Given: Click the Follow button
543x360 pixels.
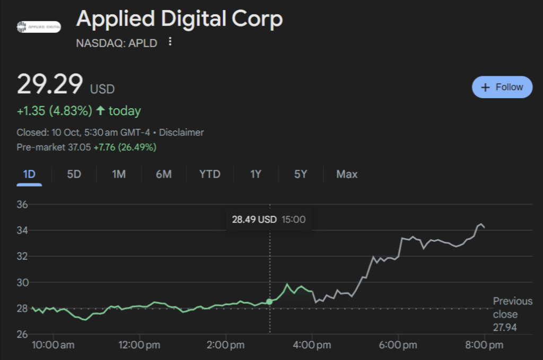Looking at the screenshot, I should pyautogui.click(x=502, y=87).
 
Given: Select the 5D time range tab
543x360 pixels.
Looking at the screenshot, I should pyautogui.click(x=74, y=174).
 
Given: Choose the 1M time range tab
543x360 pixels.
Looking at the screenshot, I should pyautogui.click(x=119, y=174).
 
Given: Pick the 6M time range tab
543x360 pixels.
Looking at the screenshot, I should pyautogui.click(x=164, y=174).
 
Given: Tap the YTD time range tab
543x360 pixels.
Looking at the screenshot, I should pyautogui.click(x=209, y=174).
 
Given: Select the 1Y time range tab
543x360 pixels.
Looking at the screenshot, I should pyautogui.click(x=256, y=174).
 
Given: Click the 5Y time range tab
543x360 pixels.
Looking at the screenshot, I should pyautogui.click(x=301, y=174).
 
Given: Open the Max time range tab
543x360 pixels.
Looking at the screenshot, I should pyautogui.click(x=347, y=174).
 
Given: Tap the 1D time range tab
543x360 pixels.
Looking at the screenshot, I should pyautogui.click(x=29, y=174).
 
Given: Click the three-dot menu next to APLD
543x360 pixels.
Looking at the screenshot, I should pyautogui.click(x=170, y=42).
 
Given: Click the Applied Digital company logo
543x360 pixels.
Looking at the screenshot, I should pyautogui.click(x=39, y=27).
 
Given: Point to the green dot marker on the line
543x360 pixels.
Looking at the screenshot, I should pyautogui.click(x=269, y=302).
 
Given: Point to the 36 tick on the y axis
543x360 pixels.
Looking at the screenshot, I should pyautogui.click(x=22, y=205).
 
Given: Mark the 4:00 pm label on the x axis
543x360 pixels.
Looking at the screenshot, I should pyautogui.click(x=312, y=345).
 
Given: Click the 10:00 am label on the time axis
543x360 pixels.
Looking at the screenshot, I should pyautogui.click(x=53, y=345).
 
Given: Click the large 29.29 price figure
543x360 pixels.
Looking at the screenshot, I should pyautogui.click(x=50, y=85).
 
